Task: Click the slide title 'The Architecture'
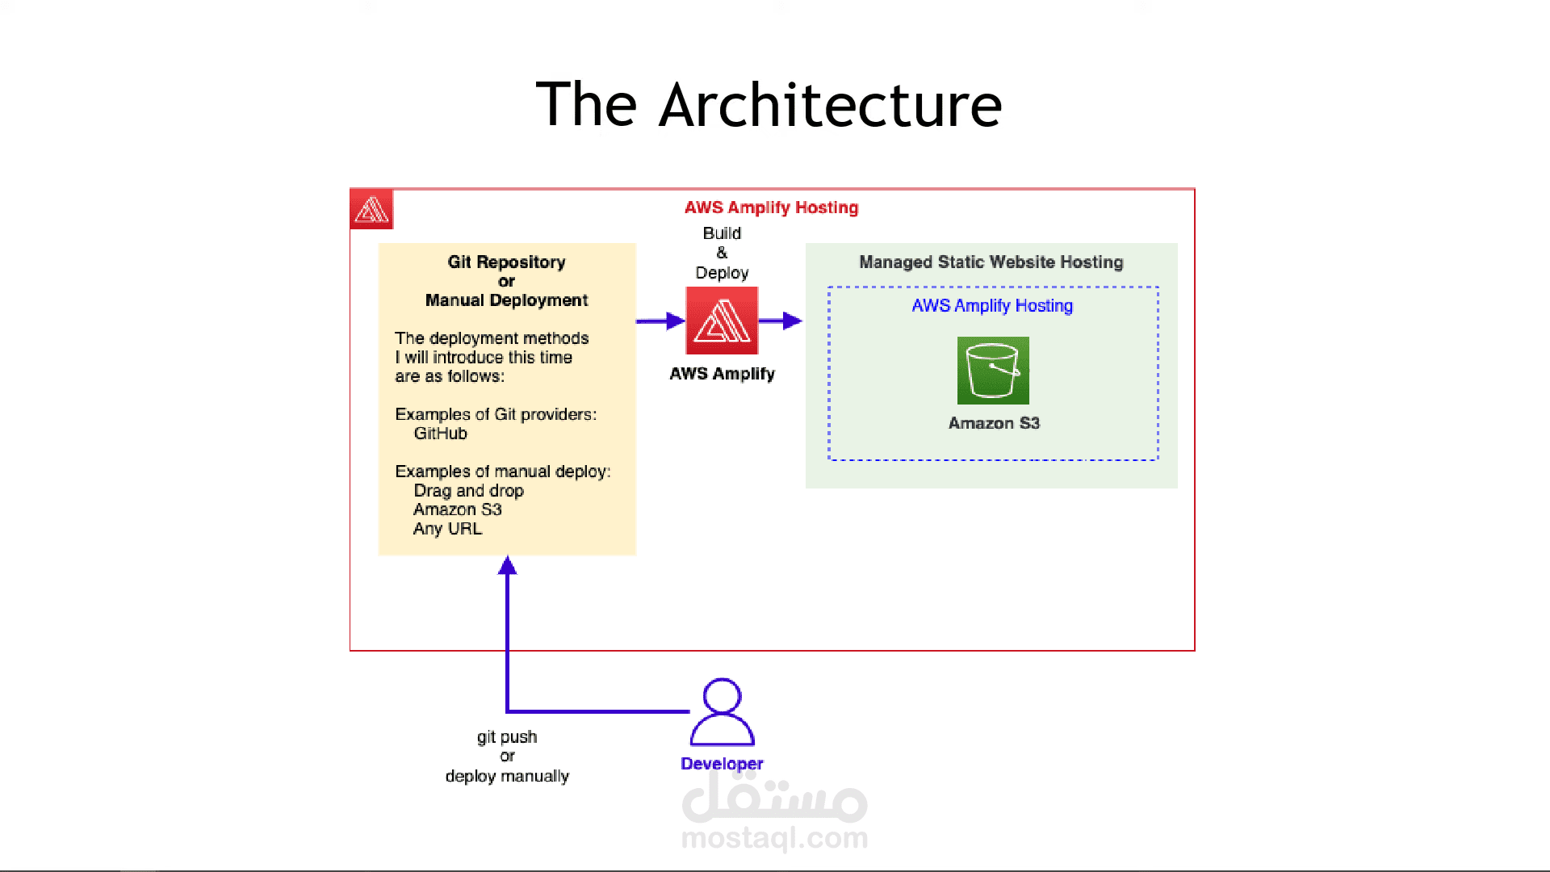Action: (x=769, y=105)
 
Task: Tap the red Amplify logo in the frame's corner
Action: (x=371, y=209)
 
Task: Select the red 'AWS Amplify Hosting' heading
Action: (x=771, y=208)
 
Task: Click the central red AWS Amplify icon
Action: (x=722, y=321)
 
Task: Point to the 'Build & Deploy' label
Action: (x=722, y=253)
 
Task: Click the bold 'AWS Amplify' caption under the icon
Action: (x=722, y=374)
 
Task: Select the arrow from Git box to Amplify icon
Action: (x=660, y=321)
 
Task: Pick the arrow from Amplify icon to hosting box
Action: (x=781, y=321)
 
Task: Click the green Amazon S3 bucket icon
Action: (x=993, y=371)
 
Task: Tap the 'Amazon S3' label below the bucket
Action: (x=994, y=423)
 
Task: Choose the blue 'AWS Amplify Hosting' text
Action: (x=992, y=306)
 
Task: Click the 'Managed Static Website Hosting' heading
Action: (x=991, y=262)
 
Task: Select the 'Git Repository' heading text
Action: (x=507, y=262)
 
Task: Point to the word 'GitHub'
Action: (x=441, y=434)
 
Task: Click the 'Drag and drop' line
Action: (x=469, y=491)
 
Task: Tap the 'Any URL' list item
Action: (x=448, y=529)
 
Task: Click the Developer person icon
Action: (x=722, y=712)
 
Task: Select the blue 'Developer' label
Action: (x=722, y=764)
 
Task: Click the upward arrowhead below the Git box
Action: (x=507, y=565)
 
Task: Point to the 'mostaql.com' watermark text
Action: (x=775, y=838)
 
